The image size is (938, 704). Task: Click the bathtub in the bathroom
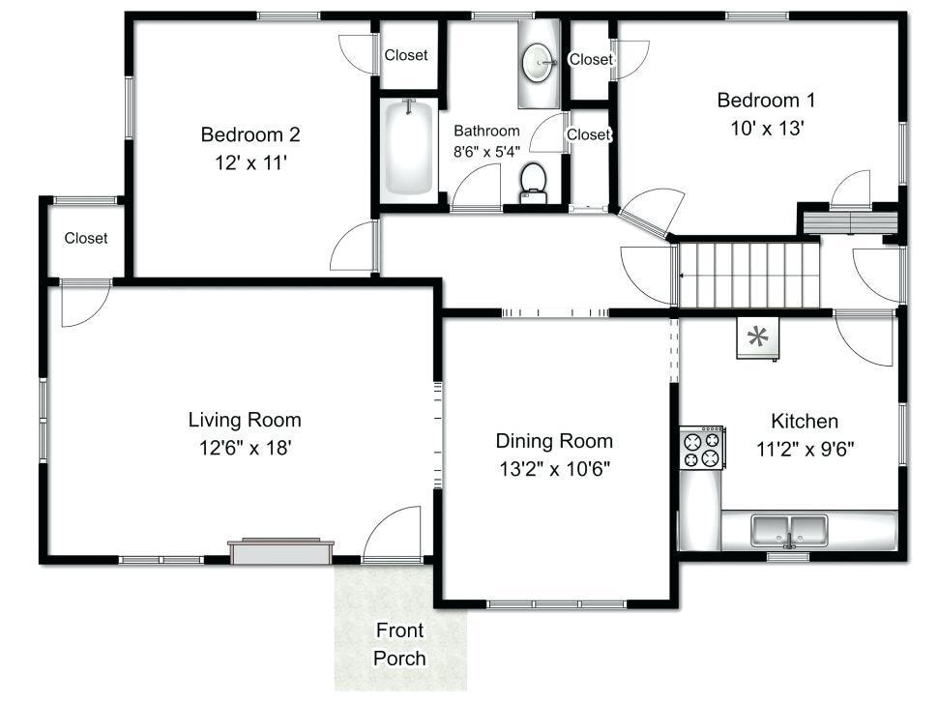coord(407,148)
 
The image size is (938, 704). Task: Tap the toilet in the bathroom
coord(533,183)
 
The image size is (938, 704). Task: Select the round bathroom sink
coord(538,62)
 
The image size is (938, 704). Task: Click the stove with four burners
coord(702,448)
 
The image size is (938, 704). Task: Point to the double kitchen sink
coord(790,531)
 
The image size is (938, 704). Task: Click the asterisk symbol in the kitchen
coord(758,337)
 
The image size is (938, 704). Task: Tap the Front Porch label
coord(399,644)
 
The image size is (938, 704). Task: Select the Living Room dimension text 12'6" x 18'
coord(245,448)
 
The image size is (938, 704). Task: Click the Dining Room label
coord(554,441)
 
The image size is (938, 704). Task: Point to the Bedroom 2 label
coord(250,134)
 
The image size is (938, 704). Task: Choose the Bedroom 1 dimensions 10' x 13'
coord(766,128)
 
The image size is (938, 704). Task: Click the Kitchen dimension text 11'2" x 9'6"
coord(805,449)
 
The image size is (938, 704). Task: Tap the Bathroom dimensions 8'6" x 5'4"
coord(486,152)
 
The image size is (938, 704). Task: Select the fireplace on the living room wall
coord(280,551)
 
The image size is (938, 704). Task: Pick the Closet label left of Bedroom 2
coord(85,238)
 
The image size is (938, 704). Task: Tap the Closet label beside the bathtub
coord(405,55)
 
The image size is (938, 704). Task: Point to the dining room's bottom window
coord(556,604)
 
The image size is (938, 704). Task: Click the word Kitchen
coord(804,421)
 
